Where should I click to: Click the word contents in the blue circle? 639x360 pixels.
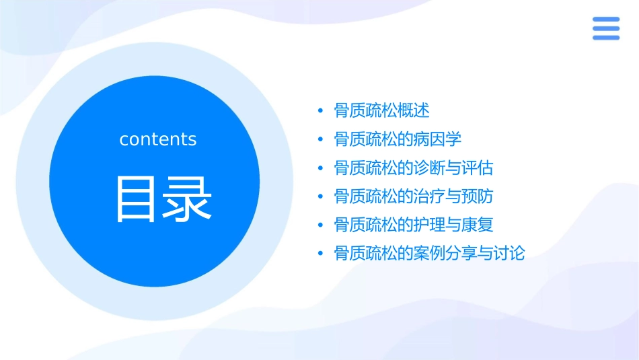tap(158, 139)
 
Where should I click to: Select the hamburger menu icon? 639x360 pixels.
tap(605, 28)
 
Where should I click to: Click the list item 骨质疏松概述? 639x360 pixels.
tap(381, 110)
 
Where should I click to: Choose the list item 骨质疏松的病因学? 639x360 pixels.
tap(398, 139)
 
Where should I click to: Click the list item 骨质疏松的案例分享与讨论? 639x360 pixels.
tap(429, 254)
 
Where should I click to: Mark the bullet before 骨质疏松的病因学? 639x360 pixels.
tap(321, 140)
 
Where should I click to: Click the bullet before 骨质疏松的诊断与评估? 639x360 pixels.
tap(321, 168)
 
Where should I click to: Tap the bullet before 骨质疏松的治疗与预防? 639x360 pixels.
tap(321, 197)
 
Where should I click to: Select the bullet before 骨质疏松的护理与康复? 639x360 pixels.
tap(321, 225)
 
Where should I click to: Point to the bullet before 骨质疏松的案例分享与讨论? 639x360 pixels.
tap(321, 254)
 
